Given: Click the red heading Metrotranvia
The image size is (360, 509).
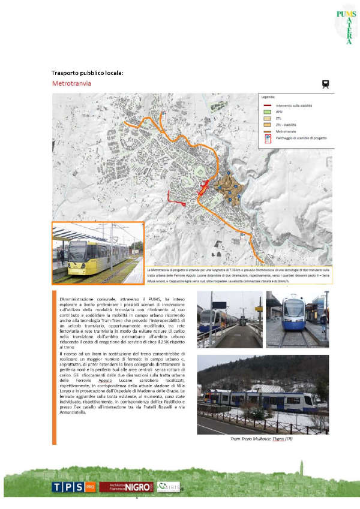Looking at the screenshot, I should [71, 83].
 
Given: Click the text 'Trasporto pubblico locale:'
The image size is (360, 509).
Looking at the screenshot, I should [87, 73].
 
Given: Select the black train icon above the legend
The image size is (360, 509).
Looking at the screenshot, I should [326, 85].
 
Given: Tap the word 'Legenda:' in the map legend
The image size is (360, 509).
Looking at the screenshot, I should [268, 97].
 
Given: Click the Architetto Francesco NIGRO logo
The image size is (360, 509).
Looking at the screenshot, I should [127, 487].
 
